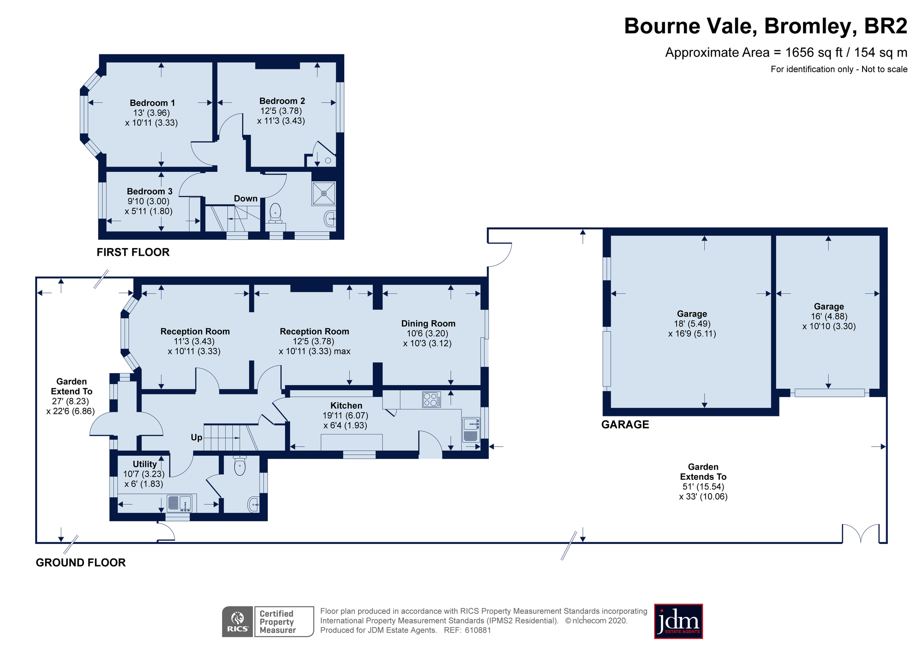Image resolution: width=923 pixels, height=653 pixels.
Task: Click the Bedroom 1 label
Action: pos(152,103)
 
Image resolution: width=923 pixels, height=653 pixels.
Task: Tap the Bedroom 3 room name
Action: pos(150,191)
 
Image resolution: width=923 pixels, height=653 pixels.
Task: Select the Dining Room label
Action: pos(428,324)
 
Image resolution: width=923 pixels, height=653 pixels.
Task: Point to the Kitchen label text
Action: pos(346,405)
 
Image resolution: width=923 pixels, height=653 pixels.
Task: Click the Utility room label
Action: pos(145,464)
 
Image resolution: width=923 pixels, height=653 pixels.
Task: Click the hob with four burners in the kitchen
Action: pos(432,399)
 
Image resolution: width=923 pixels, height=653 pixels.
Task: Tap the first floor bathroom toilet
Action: pos(276,213)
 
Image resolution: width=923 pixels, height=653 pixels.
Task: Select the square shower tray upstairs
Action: pos(324,193)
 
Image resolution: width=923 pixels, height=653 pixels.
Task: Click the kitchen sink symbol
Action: pos(471,430)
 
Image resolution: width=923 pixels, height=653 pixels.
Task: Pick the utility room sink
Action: pos(179,503)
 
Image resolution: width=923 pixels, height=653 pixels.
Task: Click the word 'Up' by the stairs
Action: pos(197,438)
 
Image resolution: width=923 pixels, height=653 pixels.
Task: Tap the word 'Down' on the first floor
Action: pos(246,199)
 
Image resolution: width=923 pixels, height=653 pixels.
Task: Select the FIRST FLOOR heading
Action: pos(133,252)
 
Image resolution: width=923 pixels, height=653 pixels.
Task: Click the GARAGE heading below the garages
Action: pos(625,424)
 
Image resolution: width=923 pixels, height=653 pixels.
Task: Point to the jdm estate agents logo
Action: pos(678,622)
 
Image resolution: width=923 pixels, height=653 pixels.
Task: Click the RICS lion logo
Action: pos(238,622)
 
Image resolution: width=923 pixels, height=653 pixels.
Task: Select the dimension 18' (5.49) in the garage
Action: pos(692,324)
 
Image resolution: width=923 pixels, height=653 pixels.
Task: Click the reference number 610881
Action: pos(478,630)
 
